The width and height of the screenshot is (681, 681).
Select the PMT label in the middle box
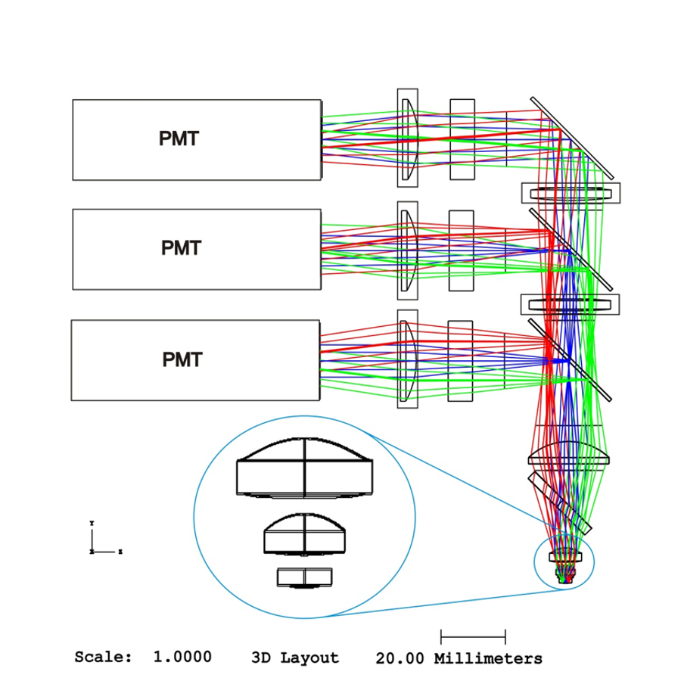181,248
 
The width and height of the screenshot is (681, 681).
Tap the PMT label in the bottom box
182,359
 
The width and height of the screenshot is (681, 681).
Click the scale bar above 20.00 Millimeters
473,636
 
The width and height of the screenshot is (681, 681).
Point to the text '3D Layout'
294,658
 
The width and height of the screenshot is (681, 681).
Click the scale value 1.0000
182,657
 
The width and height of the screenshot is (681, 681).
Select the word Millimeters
488,658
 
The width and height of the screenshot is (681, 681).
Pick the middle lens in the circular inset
305,534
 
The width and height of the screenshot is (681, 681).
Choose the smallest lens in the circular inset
305,577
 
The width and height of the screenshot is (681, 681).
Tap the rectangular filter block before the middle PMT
461,250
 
